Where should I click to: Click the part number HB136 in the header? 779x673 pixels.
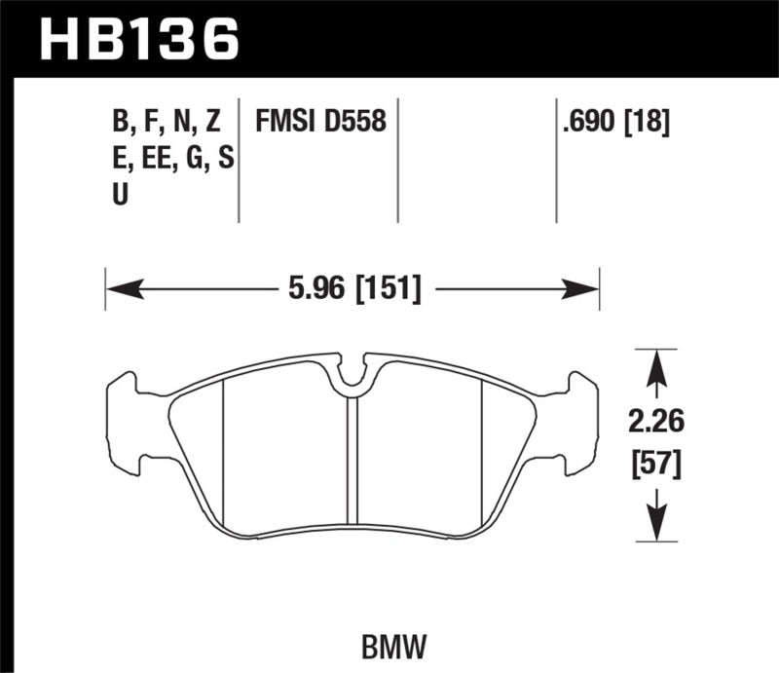tap(136, 39)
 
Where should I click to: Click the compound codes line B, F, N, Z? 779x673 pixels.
tap(167, 122)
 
